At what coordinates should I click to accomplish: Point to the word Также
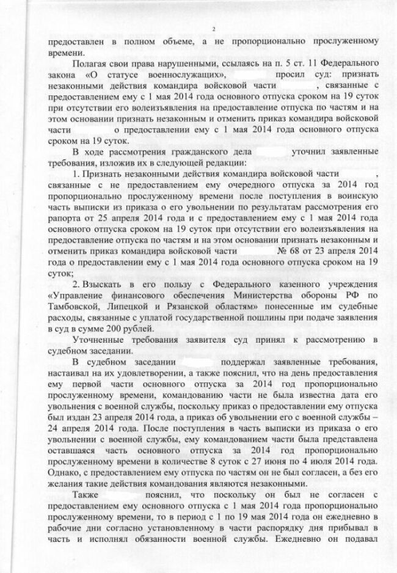pos(86,493)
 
